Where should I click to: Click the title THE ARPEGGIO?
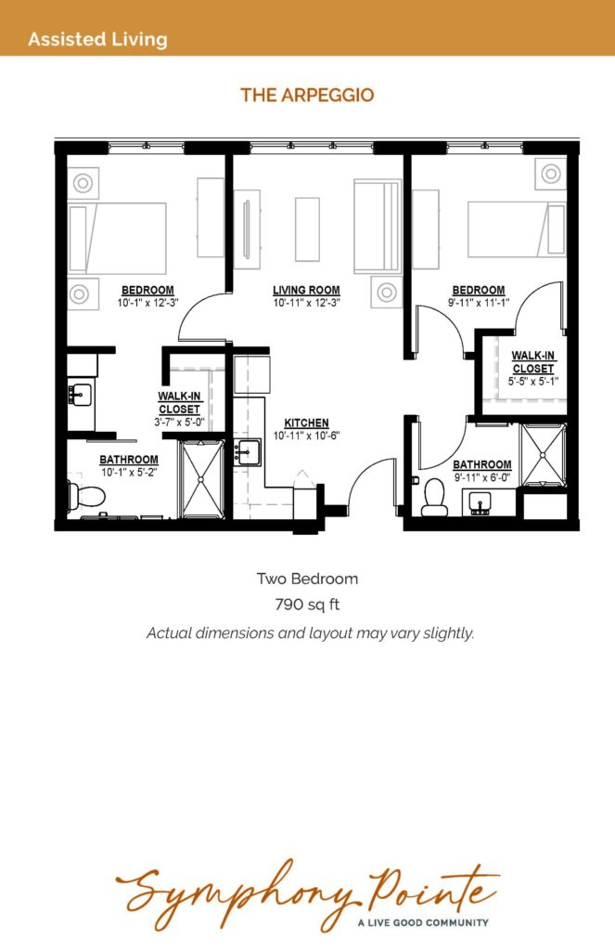pos(307,96)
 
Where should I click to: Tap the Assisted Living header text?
pos(97,39)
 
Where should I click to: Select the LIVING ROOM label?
pos(306,291)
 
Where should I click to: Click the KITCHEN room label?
pos(307,423)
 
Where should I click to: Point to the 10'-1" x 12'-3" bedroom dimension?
pos(147,302)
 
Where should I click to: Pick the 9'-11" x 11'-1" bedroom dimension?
pos(479,302)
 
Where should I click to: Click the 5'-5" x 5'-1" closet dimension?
pos(533,381)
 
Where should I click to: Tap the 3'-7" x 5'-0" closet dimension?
pos(179,422)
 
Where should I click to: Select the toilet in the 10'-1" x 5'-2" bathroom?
pos(85,496)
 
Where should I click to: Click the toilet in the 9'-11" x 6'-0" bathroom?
pos(434,498)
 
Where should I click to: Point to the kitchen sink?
pos(248,452)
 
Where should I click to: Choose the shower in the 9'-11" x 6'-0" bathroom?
pos(544,455)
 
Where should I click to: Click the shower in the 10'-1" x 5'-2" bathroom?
pos(203,479)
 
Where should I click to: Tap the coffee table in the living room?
pos(307,229)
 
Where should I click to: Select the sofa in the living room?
pos(377,226)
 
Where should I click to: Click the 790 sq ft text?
pos(307,605)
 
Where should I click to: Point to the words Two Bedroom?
pos(307,579)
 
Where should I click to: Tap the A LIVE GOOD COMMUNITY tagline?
pos(423,922)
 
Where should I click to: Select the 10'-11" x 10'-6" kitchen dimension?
pos(307,436)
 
